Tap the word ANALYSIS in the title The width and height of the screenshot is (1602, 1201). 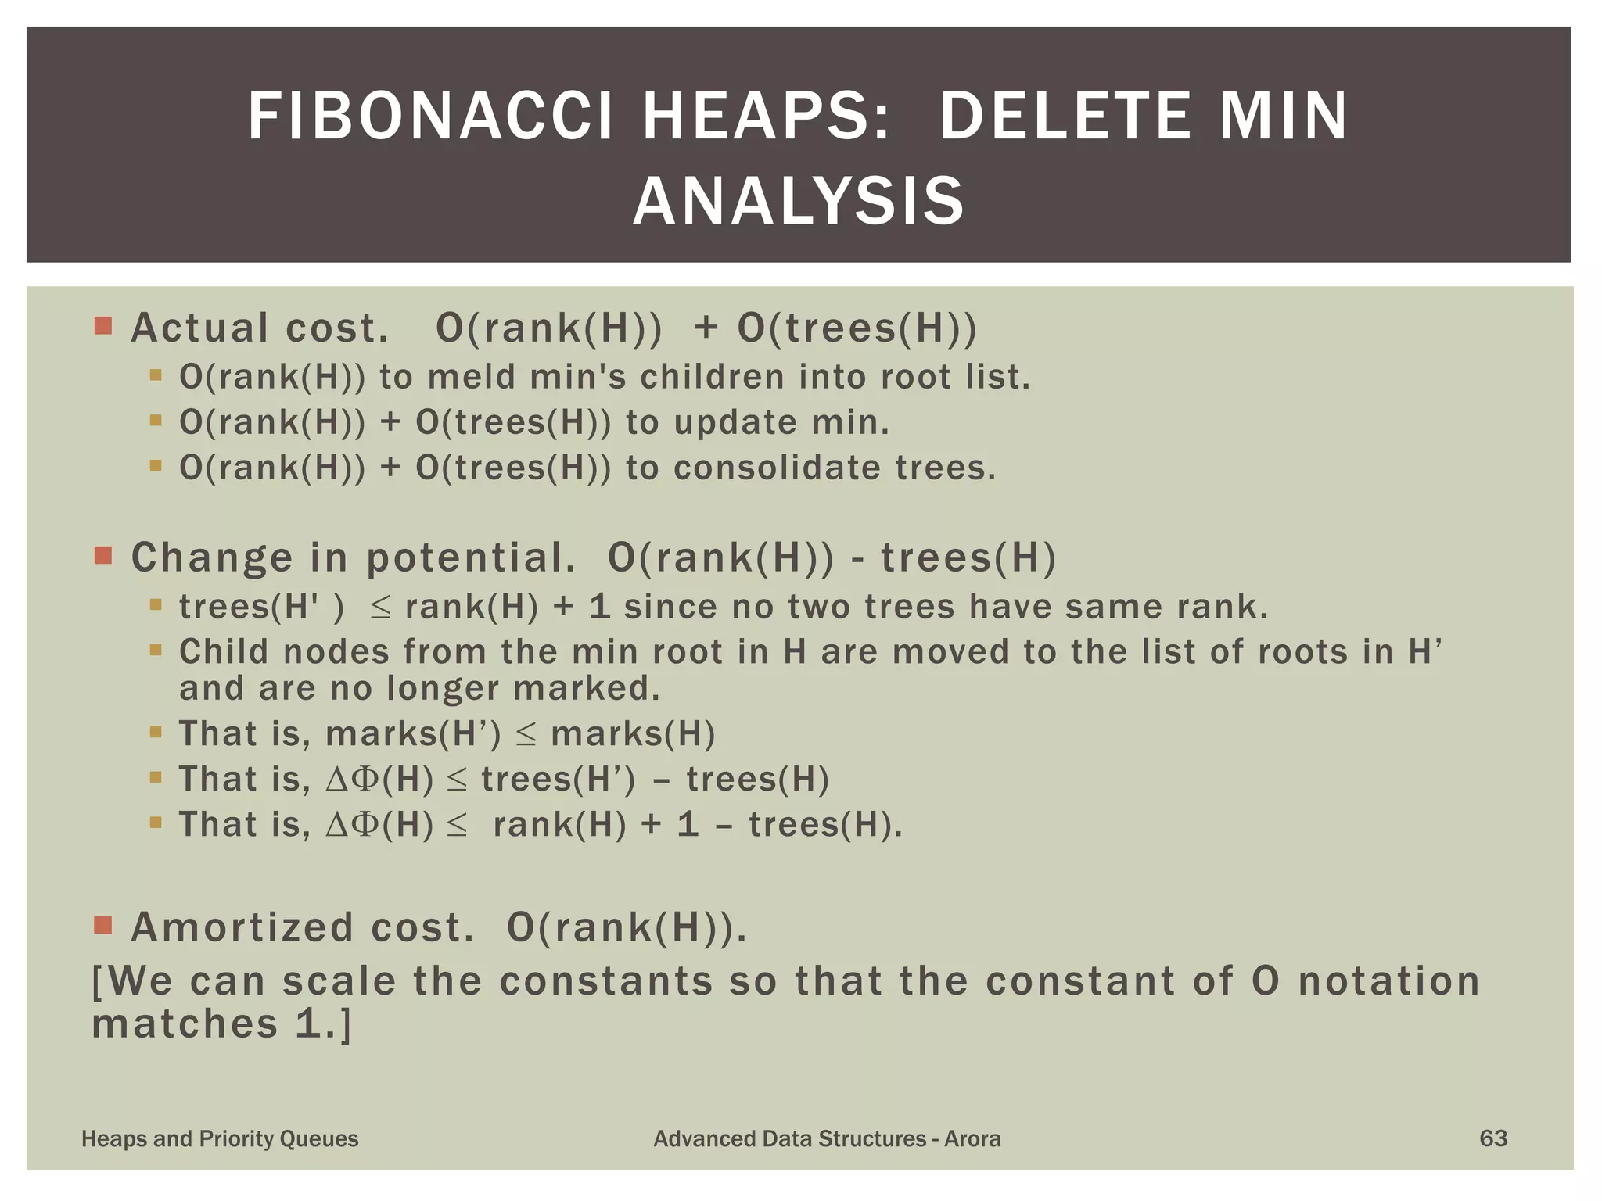[x=799, y=202]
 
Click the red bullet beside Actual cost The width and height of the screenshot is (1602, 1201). [x=102, y=325]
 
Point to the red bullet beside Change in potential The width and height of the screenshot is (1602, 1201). [x=102, y=556]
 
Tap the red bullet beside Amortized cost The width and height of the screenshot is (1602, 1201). [x=102, y=926]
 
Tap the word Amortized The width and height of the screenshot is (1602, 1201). [x=242, y=927]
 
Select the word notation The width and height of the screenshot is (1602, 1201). [x=1389, y=981]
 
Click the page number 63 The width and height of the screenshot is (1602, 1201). [x=1492, y=1138]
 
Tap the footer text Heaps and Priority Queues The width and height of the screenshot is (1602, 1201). [x=220, y=1138]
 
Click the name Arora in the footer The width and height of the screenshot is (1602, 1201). [x=972, y=1138]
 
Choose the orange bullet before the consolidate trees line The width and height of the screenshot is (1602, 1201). [x=156, y=467]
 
